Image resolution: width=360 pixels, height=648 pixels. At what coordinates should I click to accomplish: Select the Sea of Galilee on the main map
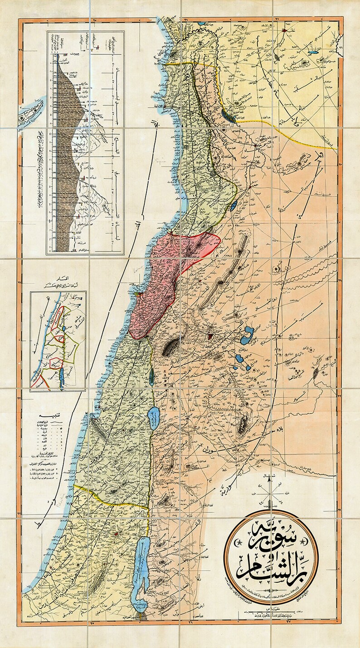[x=154, y=416]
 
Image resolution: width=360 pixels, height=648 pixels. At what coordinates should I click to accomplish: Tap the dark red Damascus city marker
[x=209, y=336]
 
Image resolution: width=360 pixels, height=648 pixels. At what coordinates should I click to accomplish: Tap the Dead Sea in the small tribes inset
[x=60, y=376]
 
